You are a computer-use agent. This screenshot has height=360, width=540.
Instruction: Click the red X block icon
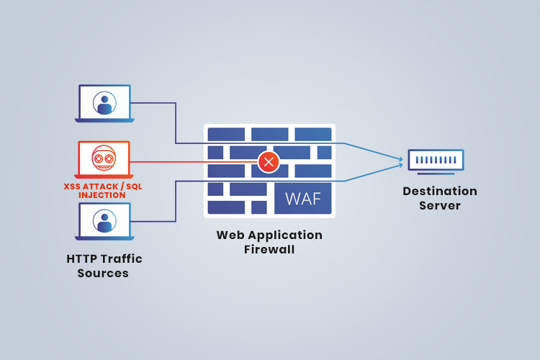tap(269, 162)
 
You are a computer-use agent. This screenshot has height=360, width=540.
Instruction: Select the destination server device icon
tap(436, 161)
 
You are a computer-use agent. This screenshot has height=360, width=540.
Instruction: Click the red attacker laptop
tap(104, 160)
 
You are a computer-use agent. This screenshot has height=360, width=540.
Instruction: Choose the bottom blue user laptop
tap(104, 222)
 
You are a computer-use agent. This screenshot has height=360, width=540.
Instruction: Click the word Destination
tap(440, 192)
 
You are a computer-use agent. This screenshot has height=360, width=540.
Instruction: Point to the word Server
tap(440, 206)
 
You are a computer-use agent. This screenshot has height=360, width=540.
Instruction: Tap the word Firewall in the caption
tap(269, 250)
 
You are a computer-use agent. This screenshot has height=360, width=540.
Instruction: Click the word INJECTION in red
tap(103, 195)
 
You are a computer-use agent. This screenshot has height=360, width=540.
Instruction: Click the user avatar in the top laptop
tap(105, 102)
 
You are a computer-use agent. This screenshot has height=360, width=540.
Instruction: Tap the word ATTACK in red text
tap(101, 186)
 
